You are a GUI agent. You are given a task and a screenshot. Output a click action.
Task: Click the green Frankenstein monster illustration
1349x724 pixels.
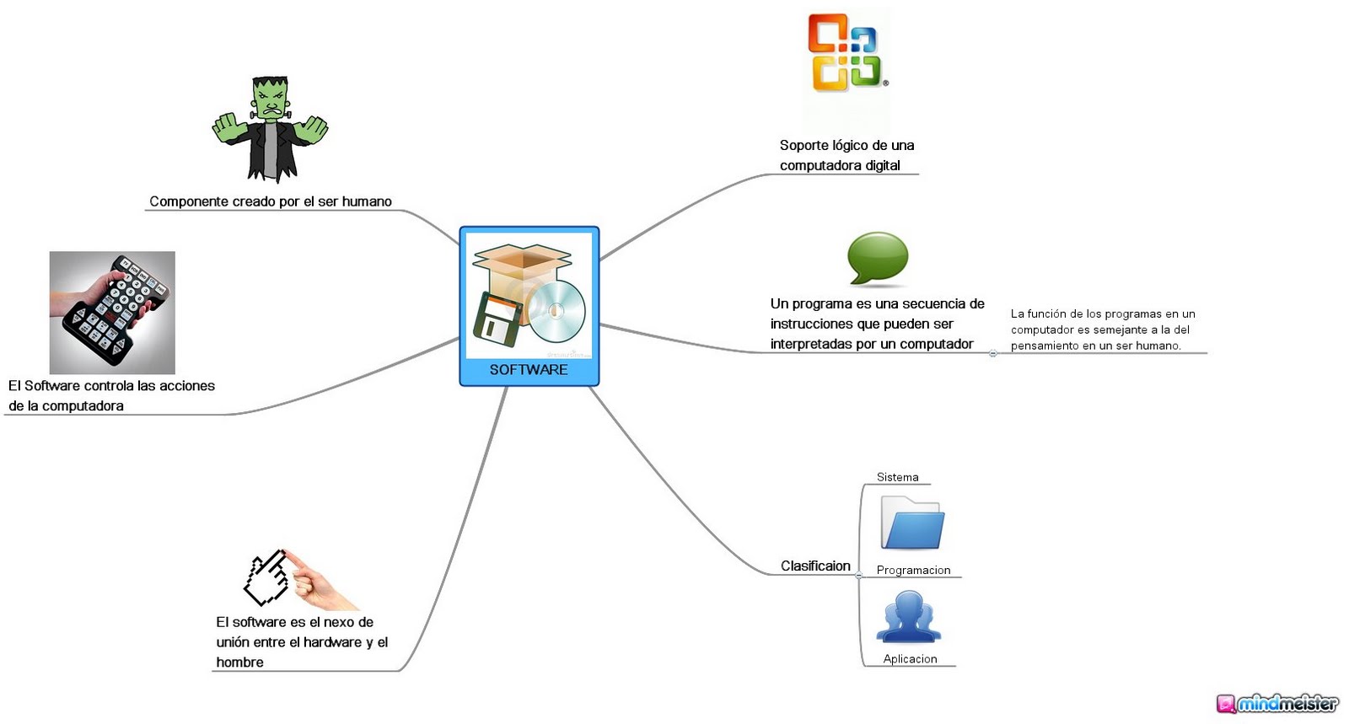(x=270, y=129)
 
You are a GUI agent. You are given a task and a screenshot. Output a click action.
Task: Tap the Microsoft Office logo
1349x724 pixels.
(x=845, y=52)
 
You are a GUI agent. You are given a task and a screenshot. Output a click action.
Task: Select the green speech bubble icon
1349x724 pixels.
(x=877, y=258)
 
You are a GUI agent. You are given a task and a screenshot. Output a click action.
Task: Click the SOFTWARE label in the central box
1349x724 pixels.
(x=529, y=370)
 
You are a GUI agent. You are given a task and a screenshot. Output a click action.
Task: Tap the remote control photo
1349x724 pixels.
(x=112, y=312)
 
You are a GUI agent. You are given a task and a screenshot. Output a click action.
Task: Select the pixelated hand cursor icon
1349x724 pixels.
(x=266, y=577)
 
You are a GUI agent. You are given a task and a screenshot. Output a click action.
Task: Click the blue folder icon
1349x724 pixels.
(x=911, y=523)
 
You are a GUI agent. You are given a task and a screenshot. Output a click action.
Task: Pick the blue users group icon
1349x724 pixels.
(x=908, y=618)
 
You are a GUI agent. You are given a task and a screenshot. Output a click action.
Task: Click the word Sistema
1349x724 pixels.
(x=897, y=477)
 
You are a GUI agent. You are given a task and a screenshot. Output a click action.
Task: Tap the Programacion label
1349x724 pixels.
(x=913, y=571)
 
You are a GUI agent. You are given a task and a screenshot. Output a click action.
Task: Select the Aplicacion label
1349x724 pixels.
(x=910, y=659)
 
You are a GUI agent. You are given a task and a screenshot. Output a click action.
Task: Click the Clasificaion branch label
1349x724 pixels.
(x=815, y=566)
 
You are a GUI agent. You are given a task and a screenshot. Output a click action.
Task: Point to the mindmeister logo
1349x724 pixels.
(x=1277, y=703)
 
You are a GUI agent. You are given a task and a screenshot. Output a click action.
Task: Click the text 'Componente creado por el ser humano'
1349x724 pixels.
(x=271, y=201)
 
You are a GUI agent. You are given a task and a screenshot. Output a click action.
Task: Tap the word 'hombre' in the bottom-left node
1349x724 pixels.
(x=239, y=662)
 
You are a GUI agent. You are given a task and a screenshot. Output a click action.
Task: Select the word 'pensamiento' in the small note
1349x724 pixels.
(x=1045, y=346)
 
